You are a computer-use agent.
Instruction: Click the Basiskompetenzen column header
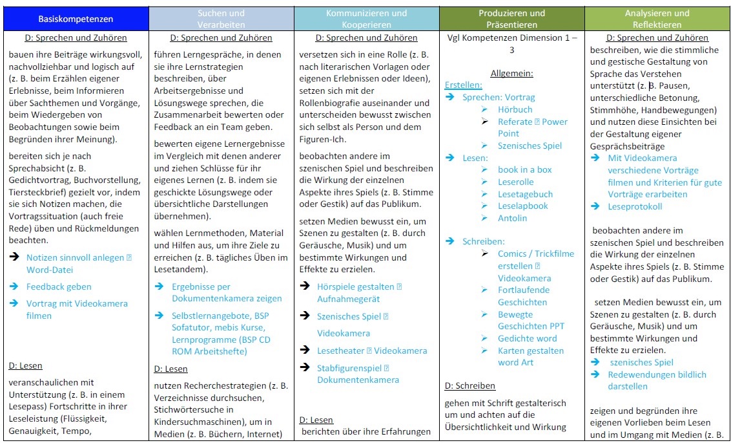76,19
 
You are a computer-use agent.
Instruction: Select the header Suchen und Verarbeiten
221,18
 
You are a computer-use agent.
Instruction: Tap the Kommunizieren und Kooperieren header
366,18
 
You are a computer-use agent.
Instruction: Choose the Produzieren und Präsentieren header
512,18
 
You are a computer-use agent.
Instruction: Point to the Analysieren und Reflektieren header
658,18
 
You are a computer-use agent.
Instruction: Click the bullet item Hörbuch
515,109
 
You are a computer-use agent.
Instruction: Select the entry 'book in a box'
524,169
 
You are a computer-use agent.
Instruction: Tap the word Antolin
512,218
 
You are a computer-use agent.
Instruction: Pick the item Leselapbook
522,206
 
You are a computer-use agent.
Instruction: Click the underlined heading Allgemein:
511,74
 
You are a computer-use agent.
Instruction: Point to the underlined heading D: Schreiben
470,386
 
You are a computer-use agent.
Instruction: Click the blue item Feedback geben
59,286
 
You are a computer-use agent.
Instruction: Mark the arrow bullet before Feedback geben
14,286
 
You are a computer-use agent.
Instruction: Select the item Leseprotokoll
634,206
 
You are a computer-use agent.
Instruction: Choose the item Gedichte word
527,338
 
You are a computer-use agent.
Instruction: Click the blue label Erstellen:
463,85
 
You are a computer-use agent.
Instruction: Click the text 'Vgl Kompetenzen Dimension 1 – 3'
512,43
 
